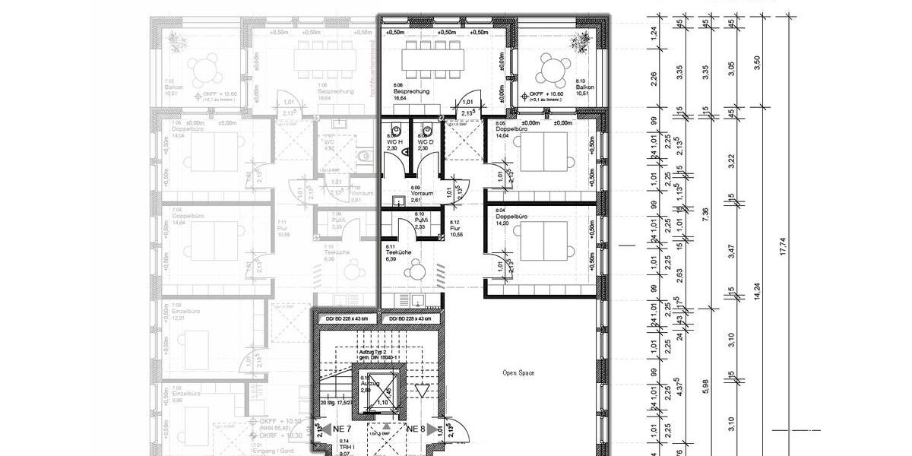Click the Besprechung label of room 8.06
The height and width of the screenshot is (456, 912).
(x=411, y=92)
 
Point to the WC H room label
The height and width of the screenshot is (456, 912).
(x=393, y=142)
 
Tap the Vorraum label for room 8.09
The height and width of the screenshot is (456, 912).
(x=422, y=194)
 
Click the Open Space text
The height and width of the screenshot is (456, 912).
(x=519, y=373)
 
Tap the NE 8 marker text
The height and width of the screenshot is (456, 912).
(x=416, y=429)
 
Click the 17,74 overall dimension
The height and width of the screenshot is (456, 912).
(x=784, y=249)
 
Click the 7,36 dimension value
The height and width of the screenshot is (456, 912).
(x=706, y=215)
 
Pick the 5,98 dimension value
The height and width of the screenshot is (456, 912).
(x=706, y=387)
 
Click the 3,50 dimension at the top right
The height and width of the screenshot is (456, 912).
(x=756, y=64)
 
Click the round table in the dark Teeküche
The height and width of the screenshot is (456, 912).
(x=416, y=270)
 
